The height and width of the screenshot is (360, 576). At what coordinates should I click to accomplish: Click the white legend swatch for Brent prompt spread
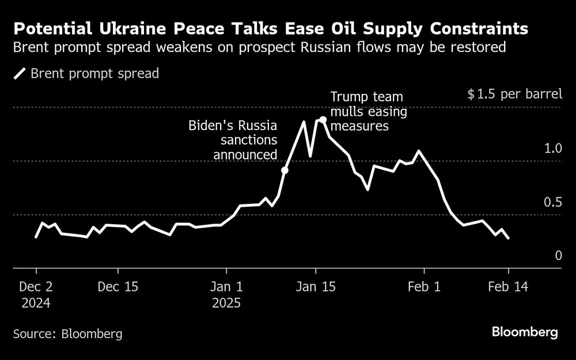coord(20,73)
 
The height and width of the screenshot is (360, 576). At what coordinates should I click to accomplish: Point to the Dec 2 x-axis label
coord(36,286)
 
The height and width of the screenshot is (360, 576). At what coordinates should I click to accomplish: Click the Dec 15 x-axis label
coord(119,286)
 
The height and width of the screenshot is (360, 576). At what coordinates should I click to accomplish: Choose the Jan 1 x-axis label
coord(227,286)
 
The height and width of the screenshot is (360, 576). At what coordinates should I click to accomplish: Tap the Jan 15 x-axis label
coord(316,286)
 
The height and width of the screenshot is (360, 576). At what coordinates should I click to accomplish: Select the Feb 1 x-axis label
coord(424,286)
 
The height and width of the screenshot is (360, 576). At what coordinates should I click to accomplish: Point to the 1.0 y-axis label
coord(553,148)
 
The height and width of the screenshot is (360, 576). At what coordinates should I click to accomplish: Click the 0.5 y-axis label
coord(553,202)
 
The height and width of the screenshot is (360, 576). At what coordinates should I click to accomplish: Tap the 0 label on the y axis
coord(558,255)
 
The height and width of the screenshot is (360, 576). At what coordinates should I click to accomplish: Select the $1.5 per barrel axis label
coord(514,94)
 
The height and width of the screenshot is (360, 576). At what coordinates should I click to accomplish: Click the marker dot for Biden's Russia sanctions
coord(285,170)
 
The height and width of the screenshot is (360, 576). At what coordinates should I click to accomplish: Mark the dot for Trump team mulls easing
coord(323,120)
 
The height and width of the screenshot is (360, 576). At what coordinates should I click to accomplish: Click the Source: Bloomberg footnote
coord(68,334)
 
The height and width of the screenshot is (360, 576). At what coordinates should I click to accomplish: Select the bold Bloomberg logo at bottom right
coord(525,332)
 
